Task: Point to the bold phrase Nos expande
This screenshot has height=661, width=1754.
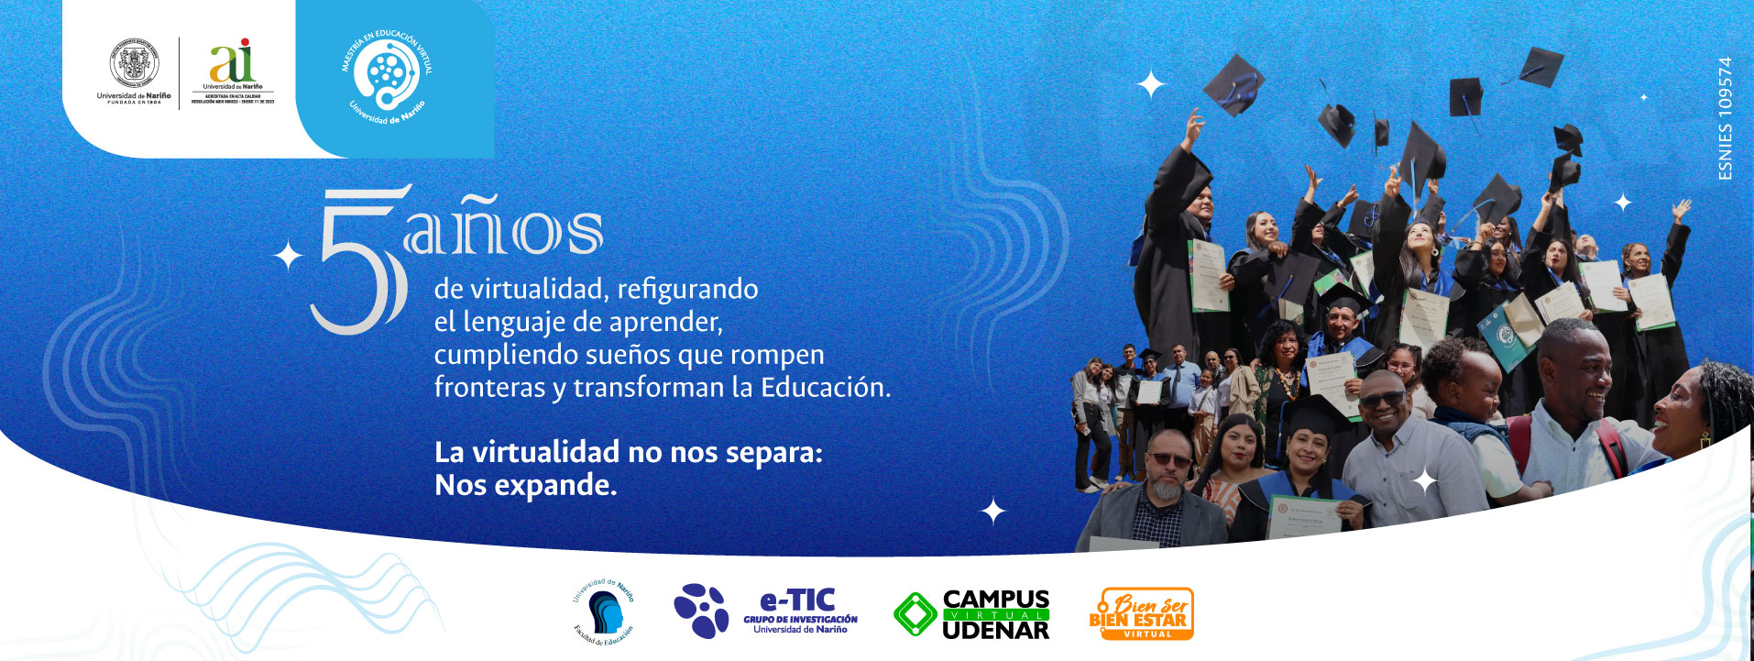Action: click(x=525, y=485)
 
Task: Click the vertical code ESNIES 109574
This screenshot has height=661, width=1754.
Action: click(x=1726, y=118)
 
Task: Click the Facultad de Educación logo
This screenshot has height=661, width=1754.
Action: click(x=603, y=612)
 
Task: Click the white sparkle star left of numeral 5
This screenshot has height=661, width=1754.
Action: click(x=289, y=257)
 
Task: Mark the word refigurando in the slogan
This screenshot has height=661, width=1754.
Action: click(x=687, y=290)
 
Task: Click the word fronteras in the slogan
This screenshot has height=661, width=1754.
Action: click(x=489, y=387)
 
